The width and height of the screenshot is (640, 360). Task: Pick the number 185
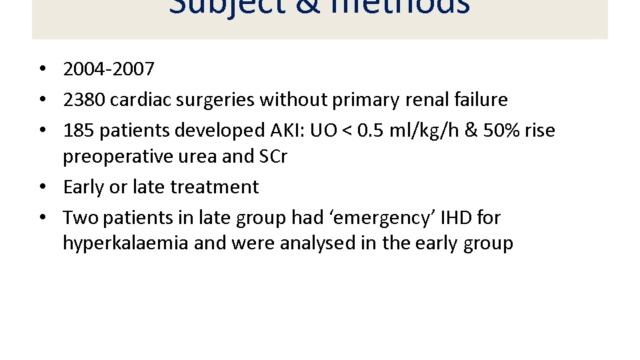point(78,129)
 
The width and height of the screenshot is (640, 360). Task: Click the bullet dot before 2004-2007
point(41,72)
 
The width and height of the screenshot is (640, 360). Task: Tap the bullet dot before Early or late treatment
point(41,187)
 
